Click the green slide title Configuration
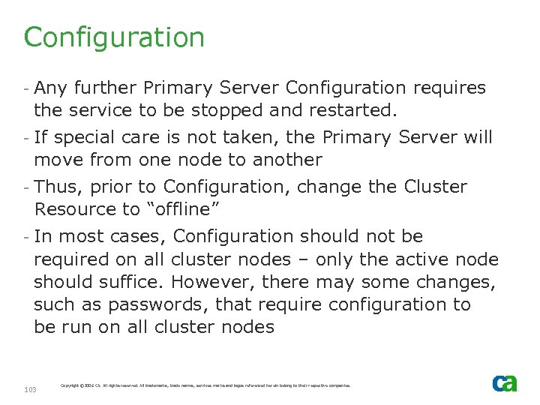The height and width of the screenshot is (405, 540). [114, 37]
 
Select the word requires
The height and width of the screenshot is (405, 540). [450, 88]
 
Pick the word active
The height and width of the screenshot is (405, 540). [408, 259]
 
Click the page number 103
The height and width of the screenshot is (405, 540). [31, 389]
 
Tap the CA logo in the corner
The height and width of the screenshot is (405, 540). [504, 383]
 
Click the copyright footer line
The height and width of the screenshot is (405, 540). [205, 385]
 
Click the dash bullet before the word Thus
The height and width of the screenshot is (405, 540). [26, 187]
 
